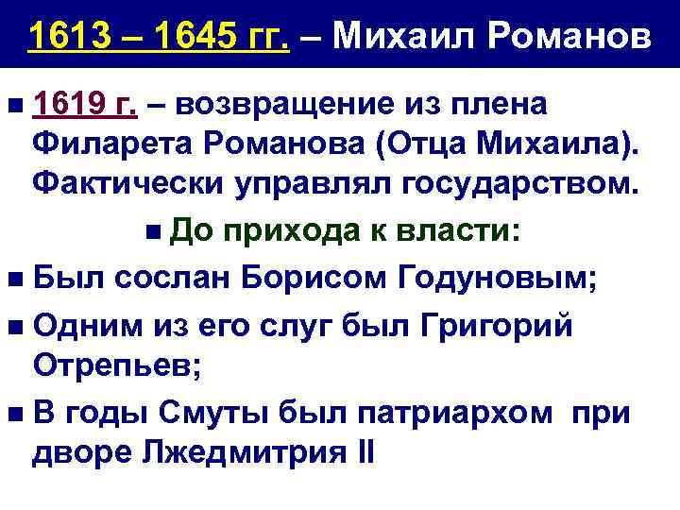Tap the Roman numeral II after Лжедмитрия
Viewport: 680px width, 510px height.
coord(366,452)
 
